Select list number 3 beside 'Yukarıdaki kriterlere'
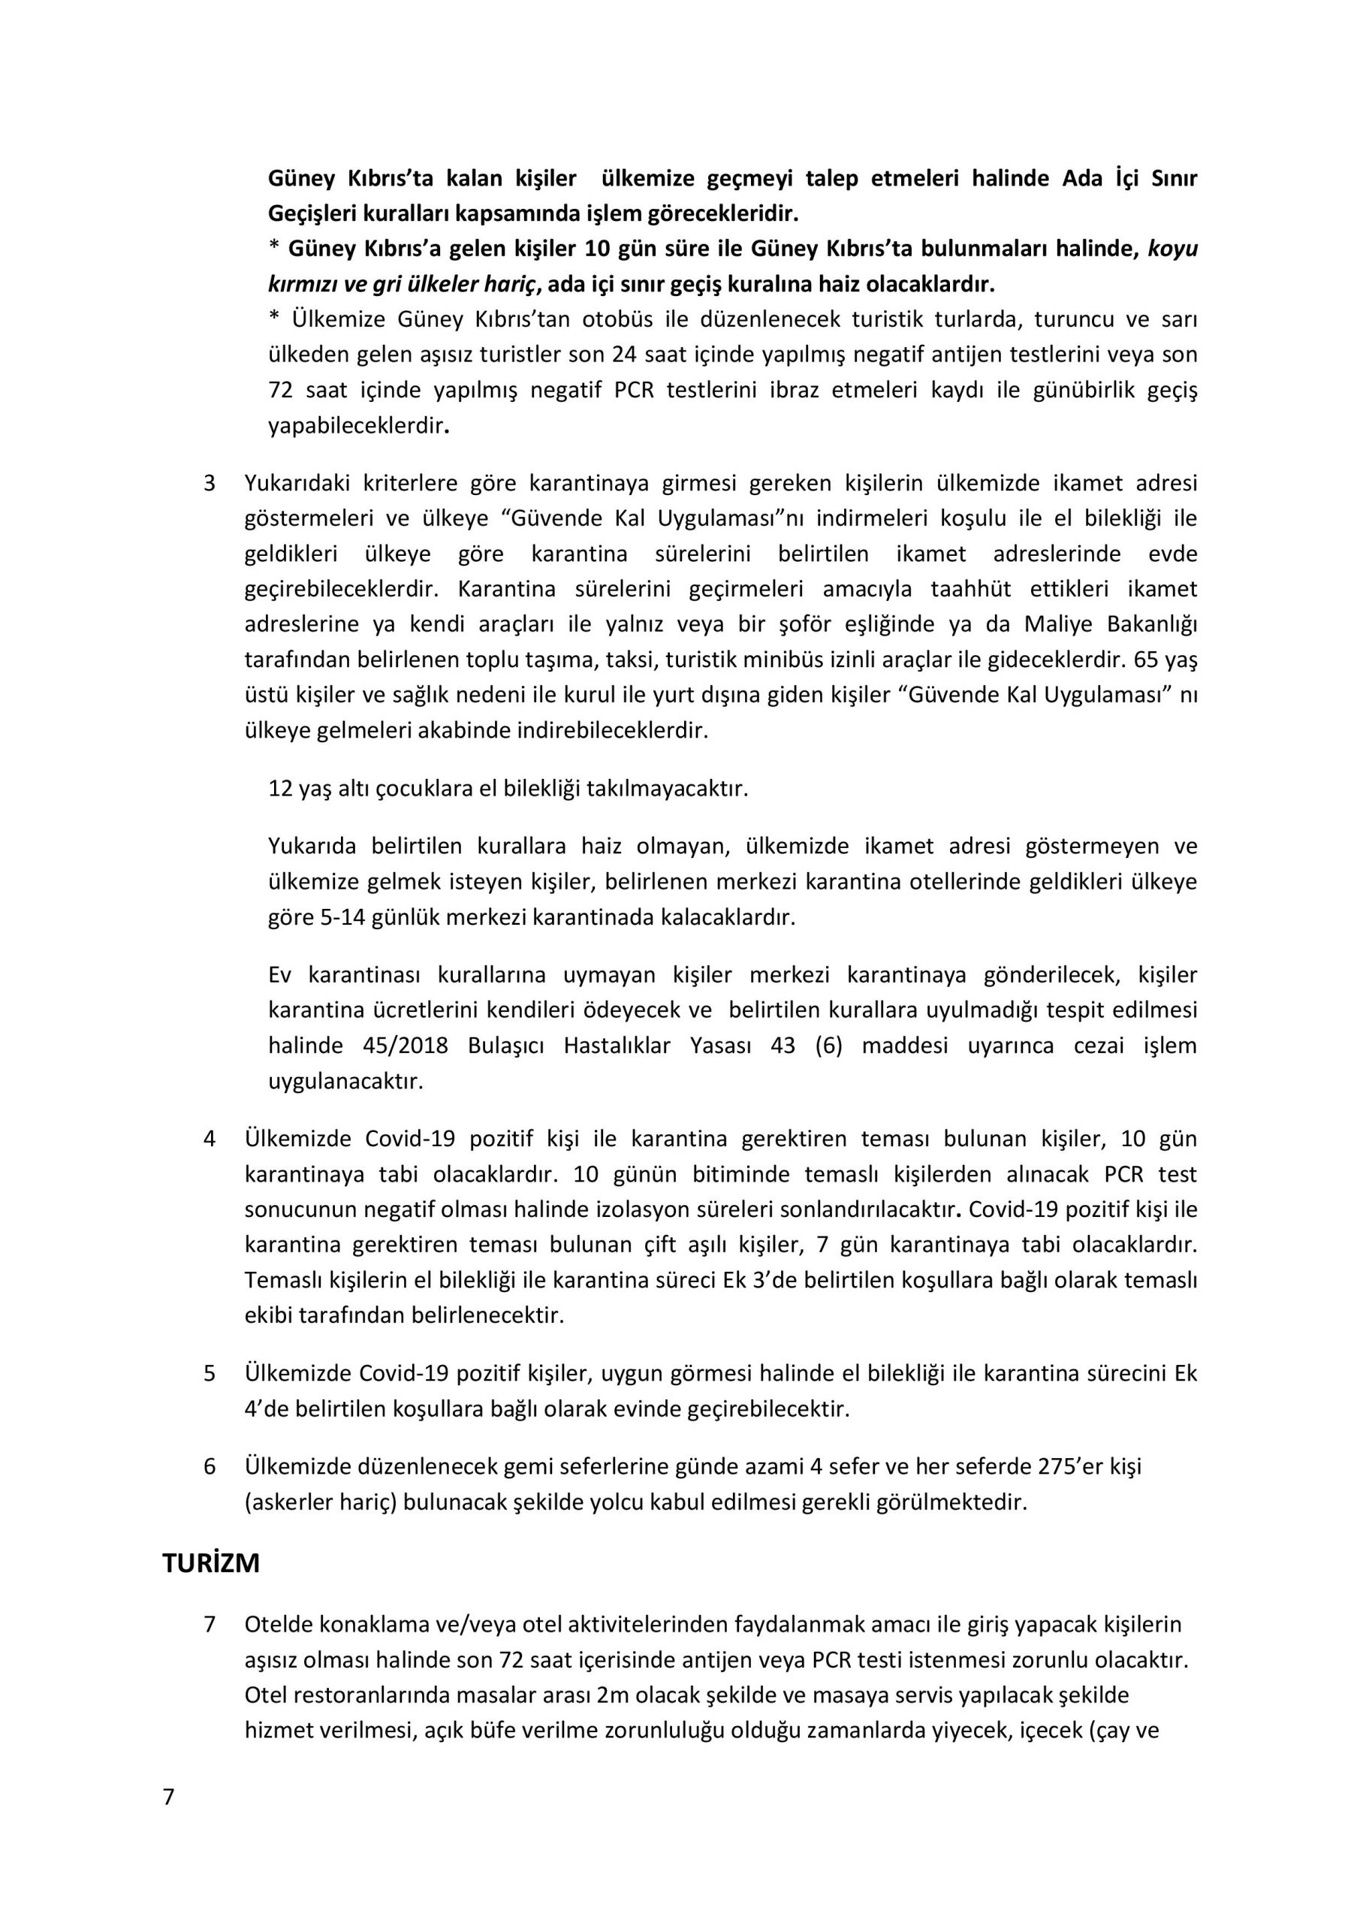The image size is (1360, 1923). click(x=210, y=483)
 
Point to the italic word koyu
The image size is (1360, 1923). click(x=1172, y=249)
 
